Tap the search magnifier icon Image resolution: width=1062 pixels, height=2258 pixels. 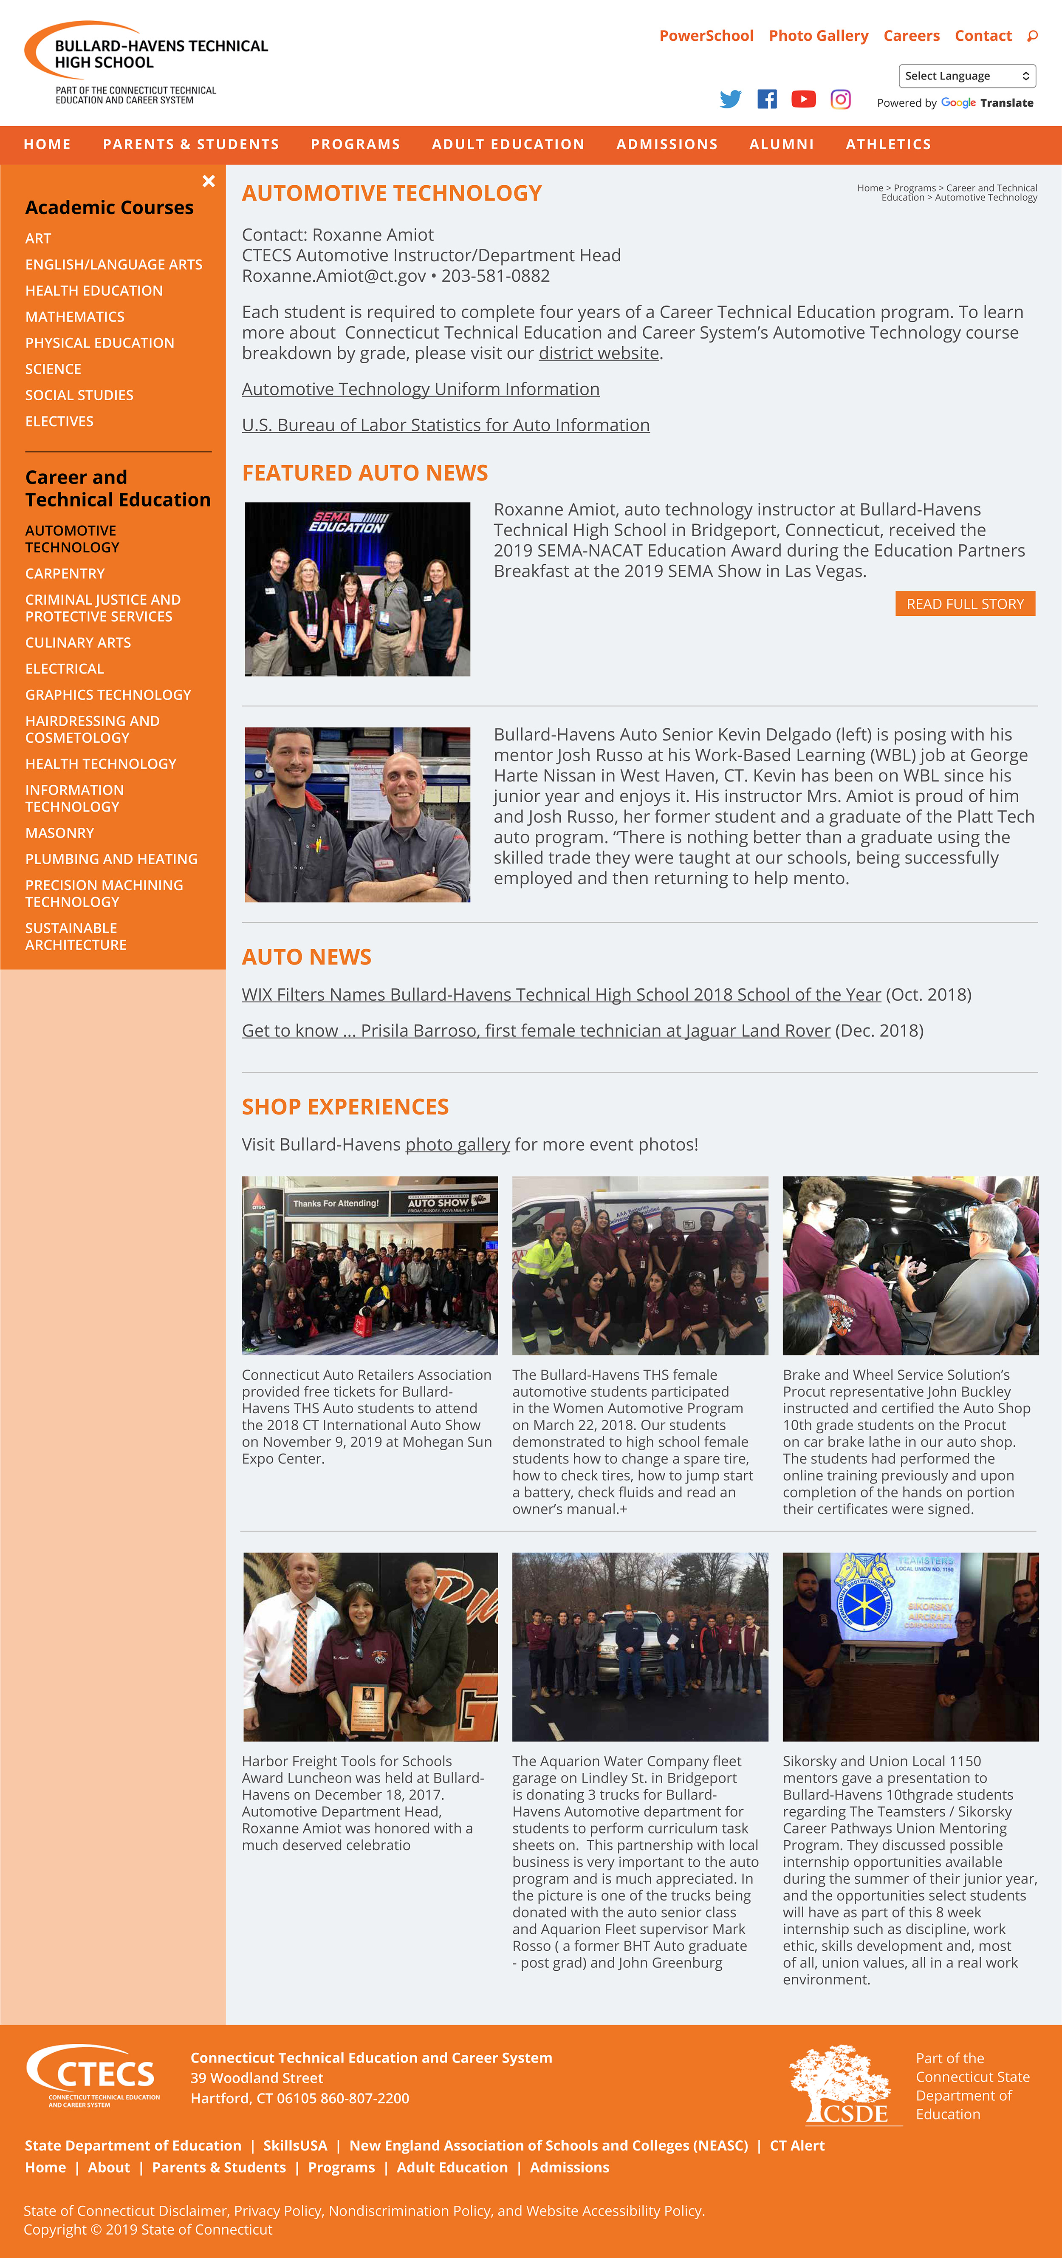tap(1032, 36)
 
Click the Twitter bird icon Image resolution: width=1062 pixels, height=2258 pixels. tap(730, 99)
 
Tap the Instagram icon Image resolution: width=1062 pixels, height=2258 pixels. tap(840, 99)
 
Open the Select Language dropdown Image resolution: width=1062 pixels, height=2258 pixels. tap(966, 76)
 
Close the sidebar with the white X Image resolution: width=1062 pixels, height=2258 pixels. tap(209, 181)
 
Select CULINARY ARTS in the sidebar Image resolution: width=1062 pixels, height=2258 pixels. tap(78, 642)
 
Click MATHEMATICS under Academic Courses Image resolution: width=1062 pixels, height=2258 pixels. tap(74, 317)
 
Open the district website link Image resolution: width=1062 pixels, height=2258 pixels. tap(599, 353)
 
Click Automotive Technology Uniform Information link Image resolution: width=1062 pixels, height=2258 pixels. tap(421, 389)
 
